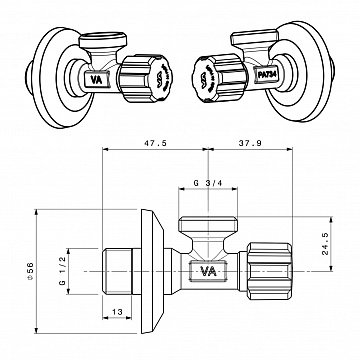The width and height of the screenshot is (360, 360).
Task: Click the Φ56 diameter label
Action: [41, 270]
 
